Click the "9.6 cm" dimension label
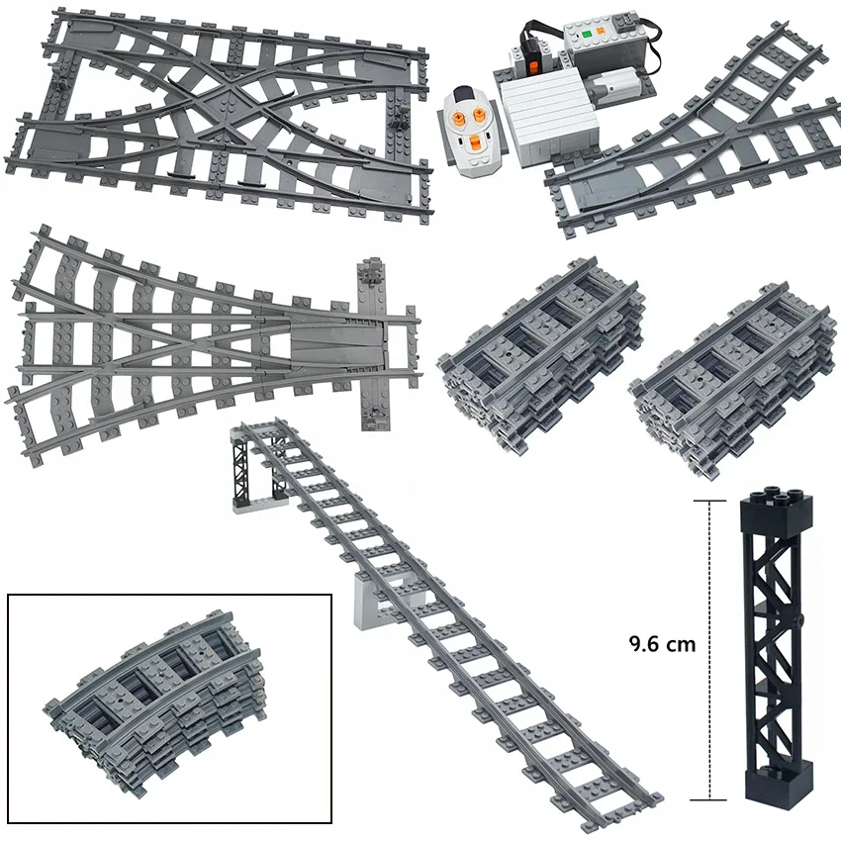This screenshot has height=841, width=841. click(662, 644)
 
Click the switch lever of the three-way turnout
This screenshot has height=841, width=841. click(371, 273)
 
